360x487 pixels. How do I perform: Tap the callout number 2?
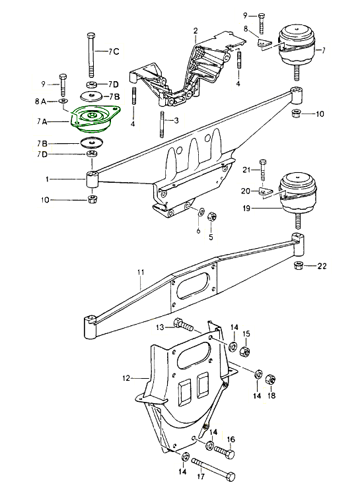[196, 30]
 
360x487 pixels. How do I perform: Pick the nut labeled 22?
[298, 266]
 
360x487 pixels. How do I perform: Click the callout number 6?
[197, 232]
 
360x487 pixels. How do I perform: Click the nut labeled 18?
[270, 379]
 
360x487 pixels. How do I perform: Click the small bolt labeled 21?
[263, 174]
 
